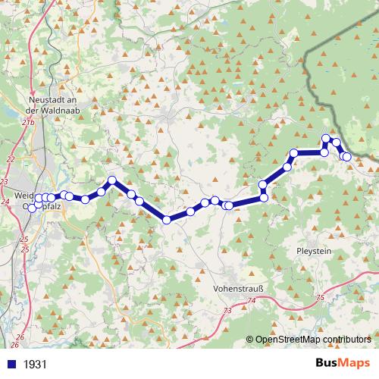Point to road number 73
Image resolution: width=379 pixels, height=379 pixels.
(228, 311)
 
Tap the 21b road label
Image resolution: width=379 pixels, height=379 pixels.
(29, 121)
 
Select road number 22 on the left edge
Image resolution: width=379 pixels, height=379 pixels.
(10, 158)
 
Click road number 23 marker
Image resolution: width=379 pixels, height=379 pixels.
(5, 182)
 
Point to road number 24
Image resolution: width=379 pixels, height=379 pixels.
(6, 200)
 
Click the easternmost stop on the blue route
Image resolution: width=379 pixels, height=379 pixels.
(347, 157)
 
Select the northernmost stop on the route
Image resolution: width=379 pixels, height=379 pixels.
(326, 139)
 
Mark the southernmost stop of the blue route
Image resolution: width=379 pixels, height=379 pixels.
(167, 220)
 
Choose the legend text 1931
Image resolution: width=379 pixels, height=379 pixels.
(35, 364)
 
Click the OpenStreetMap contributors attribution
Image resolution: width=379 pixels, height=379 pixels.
(312, 339)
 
